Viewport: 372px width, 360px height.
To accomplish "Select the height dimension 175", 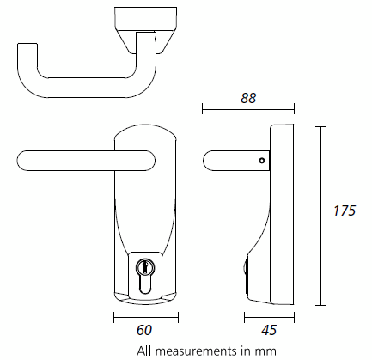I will point(345,210).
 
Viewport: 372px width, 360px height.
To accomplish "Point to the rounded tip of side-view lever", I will point(207,160).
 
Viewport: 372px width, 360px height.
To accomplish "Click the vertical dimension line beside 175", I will point(321,215).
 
